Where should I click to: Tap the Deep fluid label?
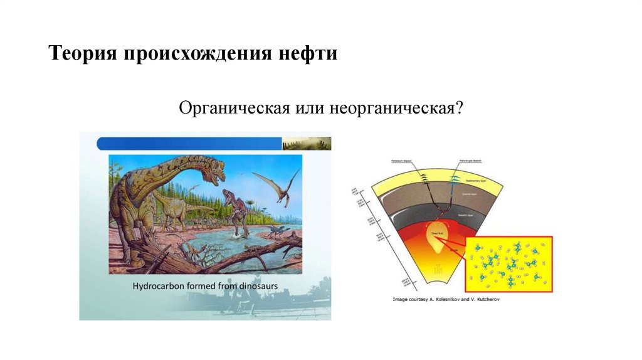(434, 233)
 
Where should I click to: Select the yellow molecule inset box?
(508, 263)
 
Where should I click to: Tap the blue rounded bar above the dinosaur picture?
(188, 144)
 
